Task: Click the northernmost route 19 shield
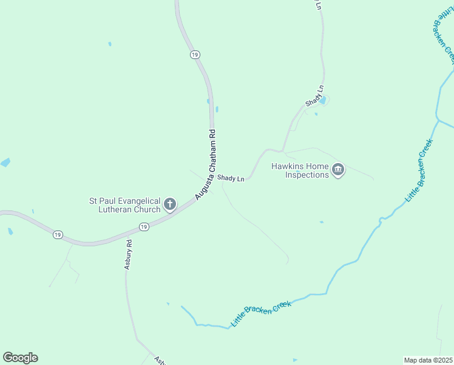click(194, 55)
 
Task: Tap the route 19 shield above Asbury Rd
click(143, 227)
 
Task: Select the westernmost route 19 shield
click(58, 235)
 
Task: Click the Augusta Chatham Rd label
click(206, 165)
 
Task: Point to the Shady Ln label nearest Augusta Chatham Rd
click(231, 178)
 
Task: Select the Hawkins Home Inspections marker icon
click(338, 170)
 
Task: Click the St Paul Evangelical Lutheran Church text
click(124, 205)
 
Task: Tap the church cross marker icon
click(170, 204)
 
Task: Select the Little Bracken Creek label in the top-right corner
click(444, 33)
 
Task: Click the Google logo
click(20, 358)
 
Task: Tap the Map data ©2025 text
click(428, 360)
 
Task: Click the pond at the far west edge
click(5, 162)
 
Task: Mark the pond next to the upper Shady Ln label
click(323, 100)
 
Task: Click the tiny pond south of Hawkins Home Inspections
click(321, 222)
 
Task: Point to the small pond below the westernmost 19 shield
click(10, 232)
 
